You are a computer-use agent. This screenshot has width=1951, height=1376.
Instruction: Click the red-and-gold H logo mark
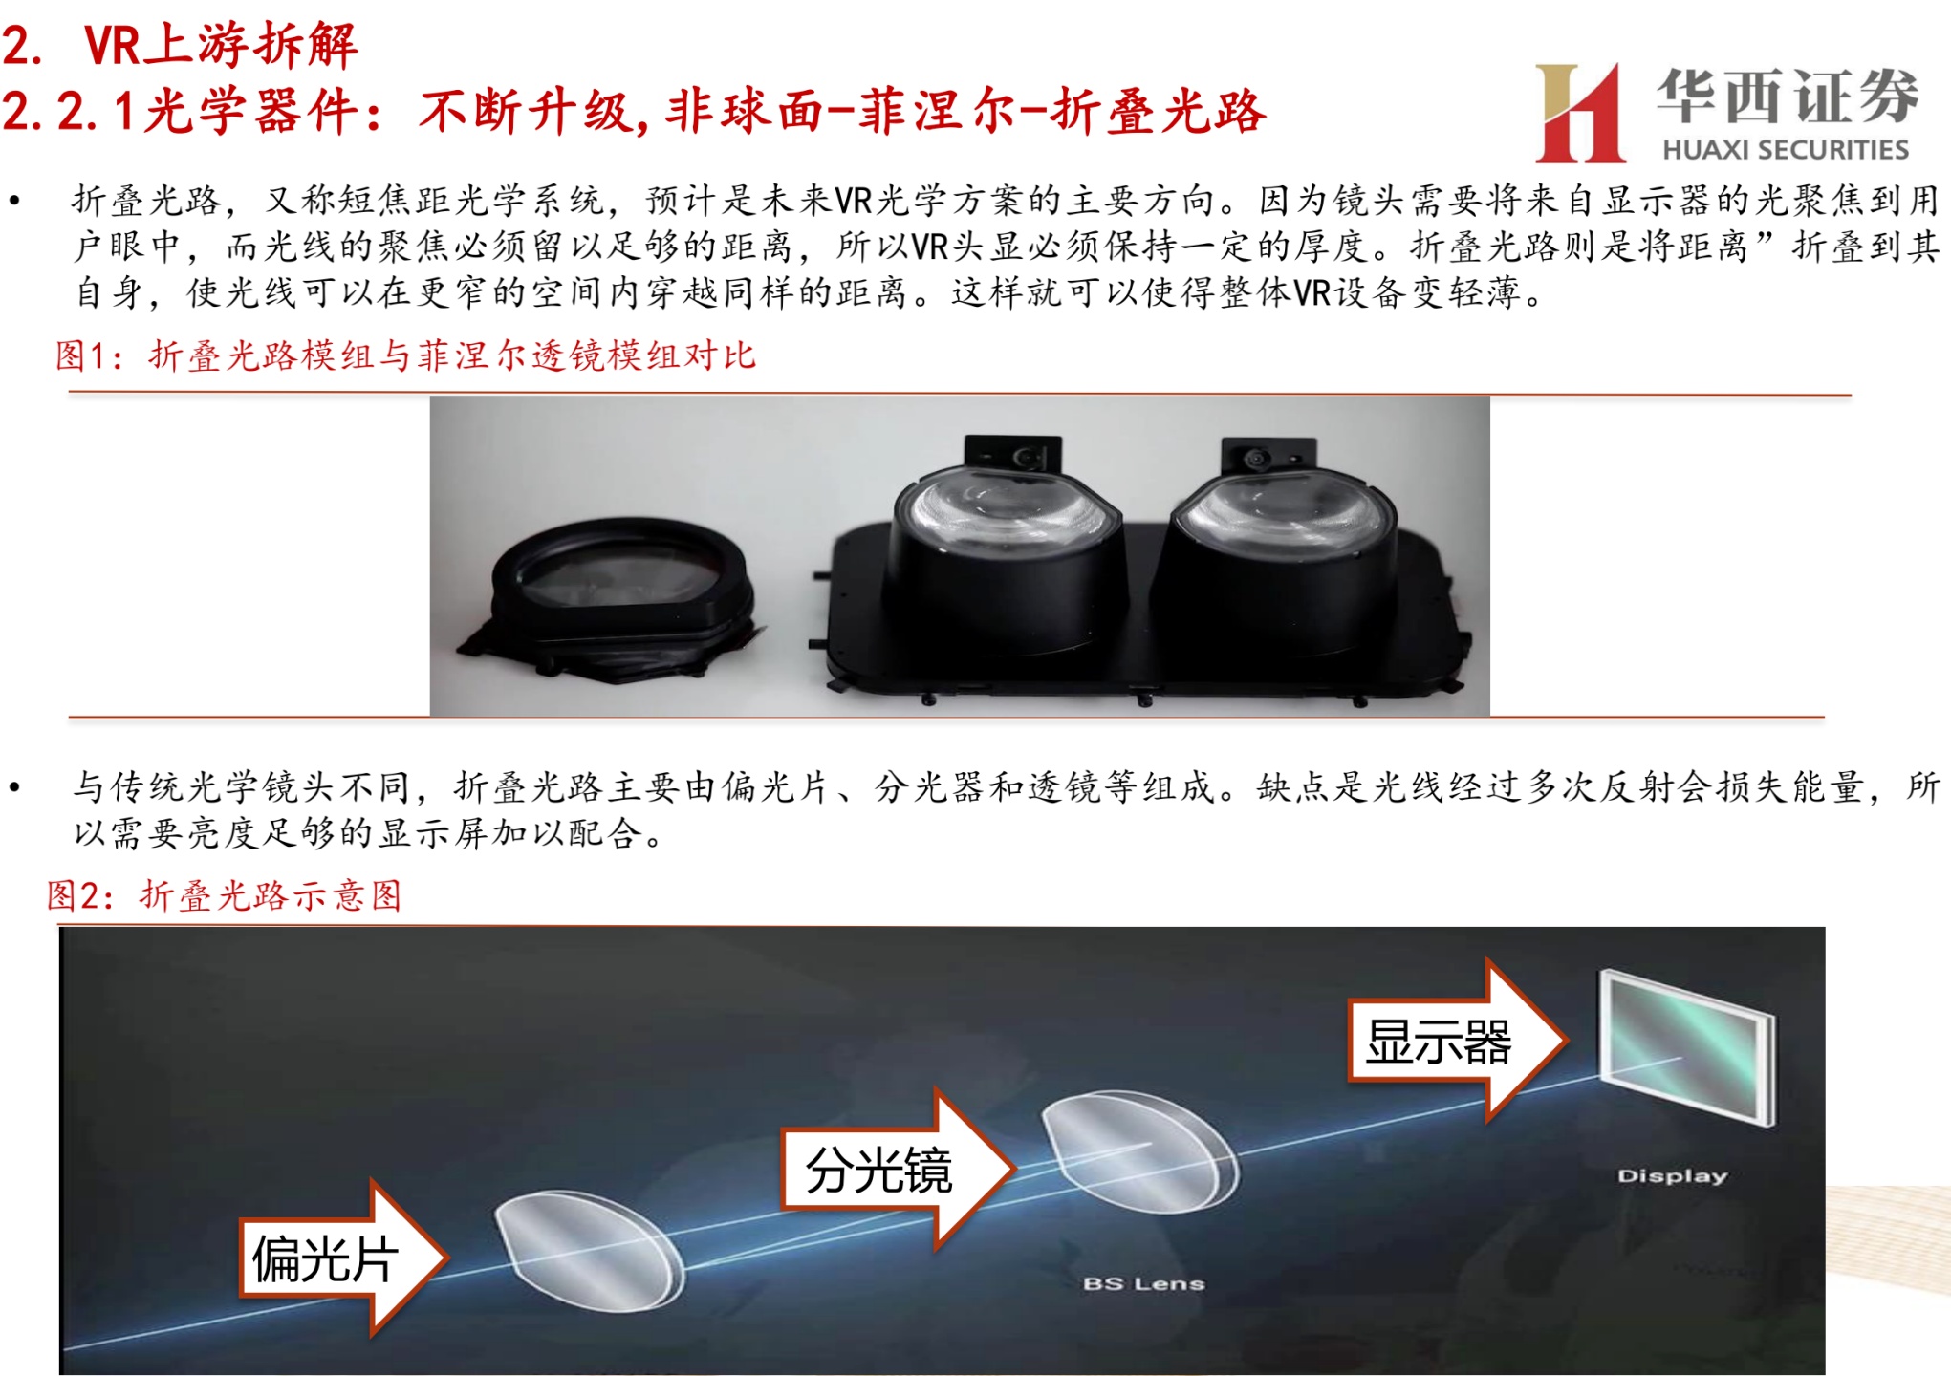pos(1579,113)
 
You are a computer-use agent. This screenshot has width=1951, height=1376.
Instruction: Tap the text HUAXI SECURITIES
pos(1786,150)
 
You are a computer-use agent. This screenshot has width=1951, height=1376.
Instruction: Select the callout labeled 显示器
pos(1458,1040)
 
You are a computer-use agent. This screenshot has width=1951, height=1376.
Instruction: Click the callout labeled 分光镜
pos(898,1169)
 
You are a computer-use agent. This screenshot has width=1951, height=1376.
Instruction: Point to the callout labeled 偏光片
pos(343,1258)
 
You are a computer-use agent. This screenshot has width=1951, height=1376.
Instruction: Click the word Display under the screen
pos(1672,1175)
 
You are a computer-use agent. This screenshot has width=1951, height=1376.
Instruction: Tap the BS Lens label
pos(1143,1283)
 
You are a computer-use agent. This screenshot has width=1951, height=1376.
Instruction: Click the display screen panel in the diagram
pos(1687,1046)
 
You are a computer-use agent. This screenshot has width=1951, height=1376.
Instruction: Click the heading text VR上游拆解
pos(221,44)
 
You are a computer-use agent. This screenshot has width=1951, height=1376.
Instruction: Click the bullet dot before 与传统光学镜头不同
pos(14,787)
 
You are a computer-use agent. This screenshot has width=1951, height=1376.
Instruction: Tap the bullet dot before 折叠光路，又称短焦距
pos(14,201)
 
